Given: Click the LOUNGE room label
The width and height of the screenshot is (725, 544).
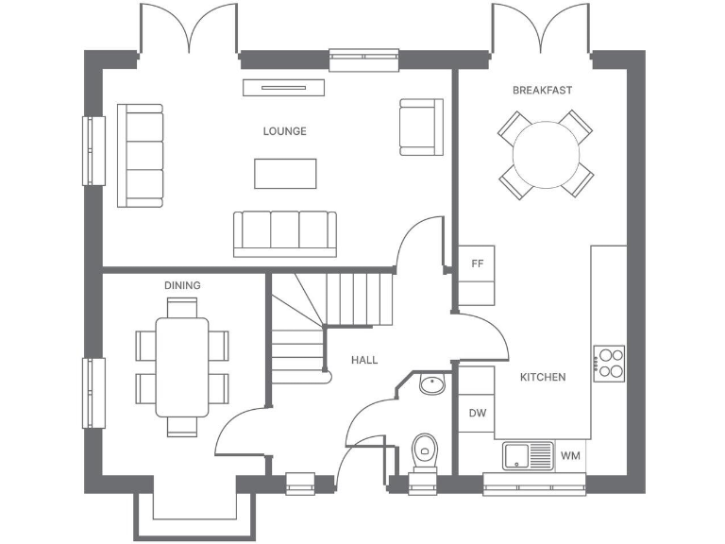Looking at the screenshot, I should pos(284,131).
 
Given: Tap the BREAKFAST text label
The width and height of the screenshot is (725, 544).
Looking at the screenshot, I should pos(542,91).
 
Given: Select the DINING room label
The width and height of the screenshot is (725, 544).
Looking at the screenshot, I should pos(182,285).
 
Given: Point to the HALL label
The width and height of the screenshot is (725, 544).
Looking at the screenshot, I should pos(364,360).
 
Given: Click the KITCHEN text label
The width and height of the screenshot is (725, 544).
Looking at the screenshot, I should pos(543,377).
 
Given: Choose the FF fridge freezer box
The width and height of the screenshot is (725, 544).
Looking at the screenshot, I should pos(477,264).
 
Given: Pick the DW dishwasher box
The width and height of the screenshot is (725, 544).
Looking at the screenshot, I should pos(477,414).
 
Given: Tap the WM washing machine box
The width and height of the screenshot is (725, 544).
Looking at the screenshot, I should pos(570,456).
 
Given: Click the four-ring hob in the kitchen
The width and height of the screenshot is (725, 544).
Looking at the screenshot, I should pos(609,363).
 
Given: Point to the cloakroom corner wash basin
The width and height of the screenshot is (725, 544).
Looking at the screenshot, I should pos(431,384).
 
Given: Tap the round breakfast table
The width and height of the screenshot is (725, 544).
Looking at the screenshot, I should pos(546,154).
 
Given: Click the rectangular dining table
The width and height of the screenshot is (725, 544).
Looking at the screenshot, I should pos(182,366).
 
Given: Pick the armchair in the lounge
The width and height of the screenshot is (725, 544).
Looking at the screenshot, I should pos(420,127).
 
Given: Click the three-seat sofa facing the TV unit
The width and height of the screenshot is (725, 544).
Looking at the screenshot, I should pos(285,233).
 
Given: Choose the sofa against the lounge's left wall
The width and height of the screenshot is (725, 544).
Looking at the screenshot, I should pos(140,155).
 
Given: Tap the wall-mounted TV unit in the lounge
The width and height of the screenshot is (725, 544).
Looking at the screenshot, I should pos(284,87).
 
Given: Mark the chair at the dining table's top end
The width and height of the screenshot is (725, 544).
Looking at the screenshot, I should pos(182,307).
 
